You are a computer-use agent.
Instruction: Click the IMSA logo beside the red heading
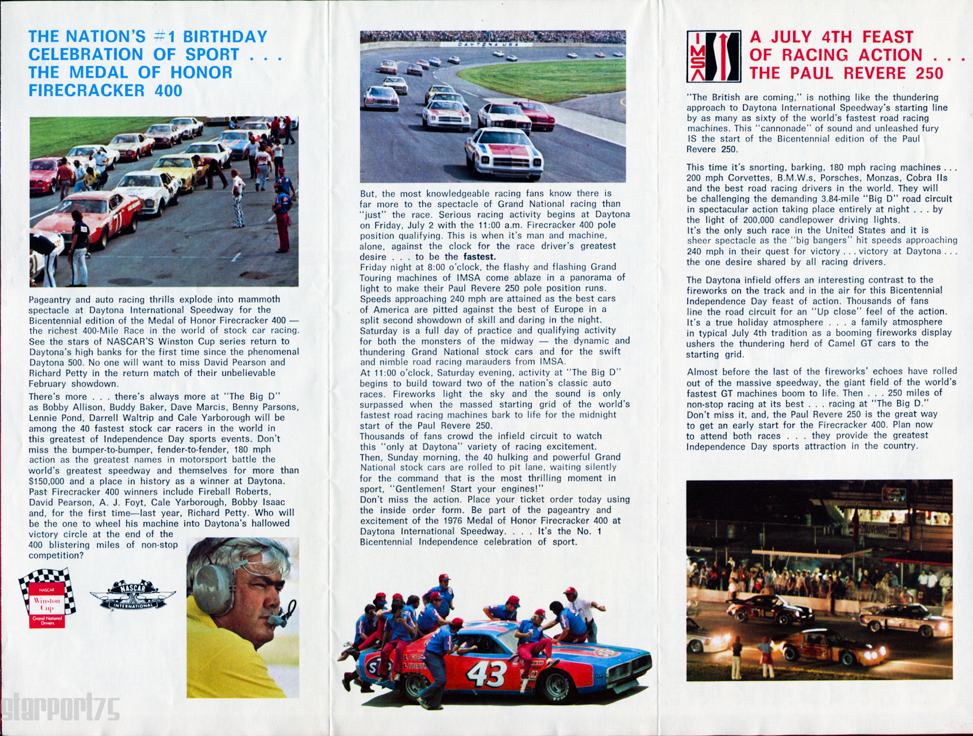pyautogui.click(x=713, y=56)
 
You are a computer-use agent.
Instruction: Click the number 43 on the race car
pyautogui.click(x=486, y=673)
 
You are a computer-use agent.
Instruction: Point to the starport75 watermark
pyautogui.click(x=60, y=709)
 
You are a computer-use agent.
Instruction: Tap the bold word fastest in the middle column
pyautogui.click(x=479, y=256)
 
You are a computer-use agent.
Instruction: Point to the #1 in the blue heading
pyautogui.click(x=164, y=37)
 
